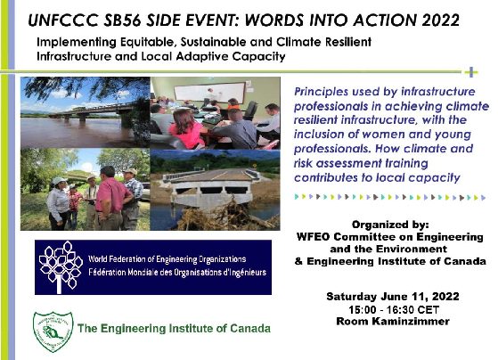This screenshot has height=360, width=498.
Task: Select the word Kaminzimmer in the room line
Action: click(x=411, y=321)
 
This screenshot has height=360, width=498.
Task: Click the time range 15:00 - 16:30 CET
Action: click(x=394, y=309)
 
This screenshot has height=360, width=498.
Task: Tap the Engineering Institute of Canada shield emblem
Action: click(x=53, y=331)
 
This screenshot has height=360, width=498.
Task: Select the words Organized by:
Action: click(x=390, y=225)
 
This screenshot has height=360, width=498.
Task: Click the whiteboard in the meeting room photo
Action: click(x=209, y=92)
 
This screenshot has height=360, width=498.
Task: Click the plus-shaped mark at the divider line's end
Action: click(x=471, y=72)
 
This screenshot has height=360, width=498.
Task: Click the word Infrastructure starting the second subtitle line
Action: click(x=73, y=56)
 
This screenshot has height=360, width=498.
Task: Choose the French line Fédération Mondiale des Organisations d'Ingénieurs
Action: click(x=177, y=273)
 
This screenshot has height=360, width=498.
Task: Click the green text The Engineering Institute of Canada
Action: click(x=174, y=328)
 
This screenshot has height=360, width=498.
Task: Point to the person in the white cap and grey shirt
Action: click(x=58, y=204)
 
